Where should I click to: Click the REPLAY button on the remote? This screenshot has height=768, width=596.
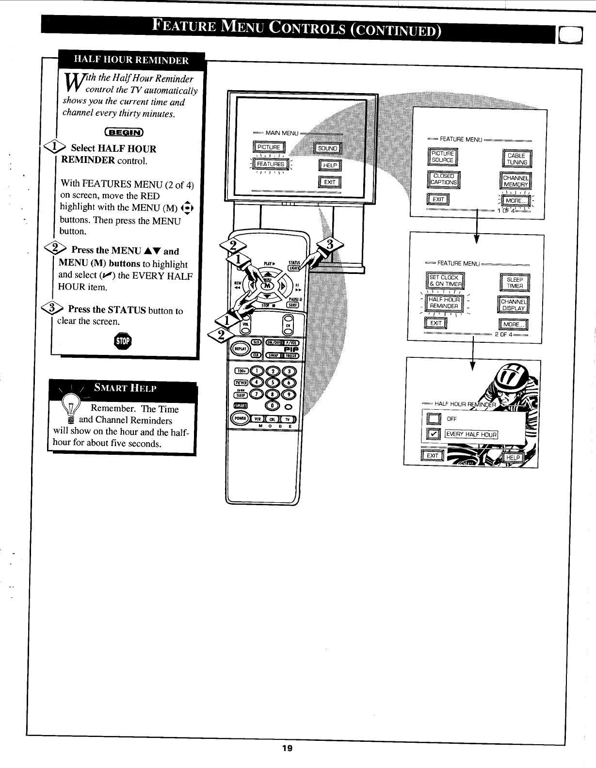(x=240, y=348)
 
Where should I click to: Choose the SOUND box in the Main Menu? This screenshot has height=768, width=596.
(x=328, y=148)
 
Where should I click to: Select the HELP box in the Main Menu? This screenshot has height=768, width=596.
(x=330, y=165)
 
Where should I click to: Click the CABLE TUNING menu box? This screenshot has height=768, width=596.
(x=516, y=159)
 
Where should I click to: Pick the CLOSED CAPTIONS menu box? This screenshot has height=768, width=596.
(x=444, y=179)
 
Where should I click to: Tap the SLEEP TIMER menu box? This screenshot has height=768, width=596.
(x=515, y=283)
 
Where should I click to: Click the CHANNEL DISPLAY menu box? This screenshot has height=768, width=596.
(x=514, y=305)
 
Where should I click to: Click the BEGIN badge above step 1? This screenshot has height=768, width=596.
(x=124, y=132)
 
